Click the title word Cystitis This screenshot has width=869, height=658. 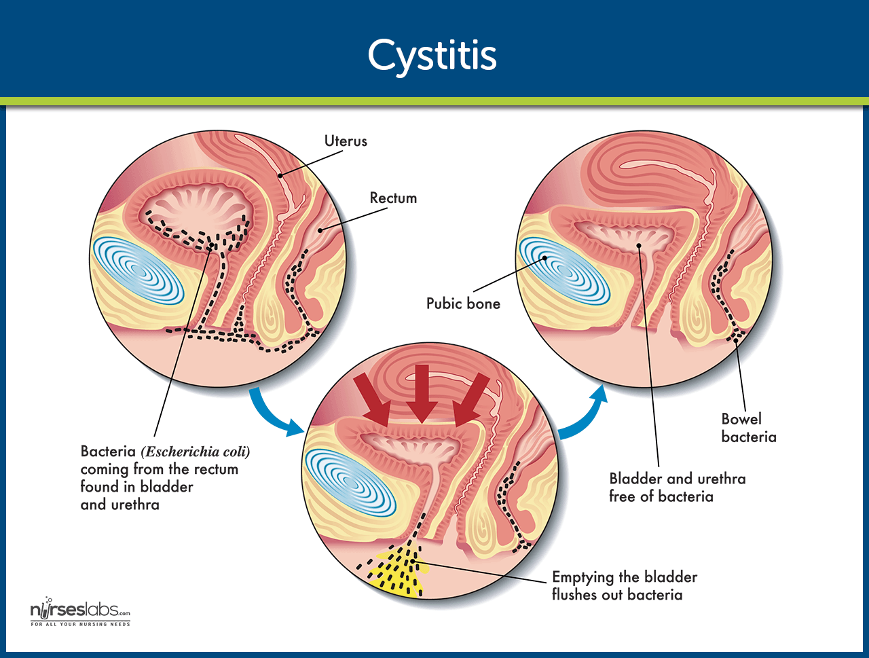coord(432,56)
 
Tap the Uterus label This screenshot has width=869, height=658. coord(346,141)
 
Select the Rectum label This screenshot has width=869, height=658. coord(393,198)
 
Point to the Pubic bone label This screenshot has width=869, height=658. coord(463,304)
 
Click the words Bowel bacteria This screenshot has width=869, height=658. coord(749,428)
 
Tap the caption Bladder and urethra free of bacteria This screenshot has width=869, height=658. coord(678,488)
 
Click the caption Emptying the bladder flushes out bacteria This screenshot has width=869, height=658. coord(625,585)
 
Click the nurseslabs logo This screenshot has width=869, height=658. coord(80,612)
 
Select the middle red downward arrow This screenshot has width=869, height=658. coord(422,394)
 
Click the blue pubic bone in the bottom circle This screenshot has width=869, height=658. coord(351,483)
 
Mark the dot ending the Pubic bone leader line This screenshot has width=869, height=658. coord(544,258)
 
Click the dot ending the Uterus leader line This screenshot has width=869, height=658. coord(280,175)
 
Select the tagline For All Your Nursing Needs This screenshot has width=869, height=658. coord(80,624)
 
